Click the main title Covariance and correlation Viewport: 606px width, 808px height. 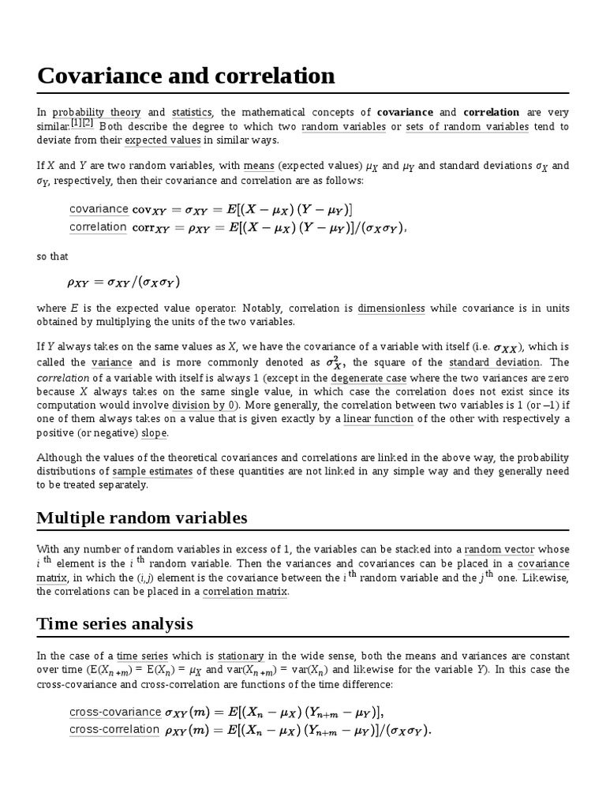click(186, 77)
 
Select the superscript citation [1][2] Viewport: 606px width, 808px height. click(82, 124)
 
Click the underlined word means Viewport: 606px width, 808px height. click(259, 166)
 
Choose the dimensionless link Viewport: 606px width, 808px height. click(391, 308)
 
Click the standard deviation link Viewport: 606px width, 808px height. click(495, 362)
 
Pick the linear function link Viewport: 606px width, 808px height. click(379, 419)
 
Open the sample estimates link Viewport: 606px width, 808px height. click(152, 471)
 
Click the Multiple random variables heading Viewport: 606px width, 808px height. click(142, 518)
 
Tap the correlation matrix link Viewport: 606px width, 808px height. click(245, 592)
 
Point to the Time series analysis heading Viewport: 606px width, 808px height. click(114, 624)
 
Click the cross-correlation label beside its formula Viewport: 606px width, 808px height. click(114, 730)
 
